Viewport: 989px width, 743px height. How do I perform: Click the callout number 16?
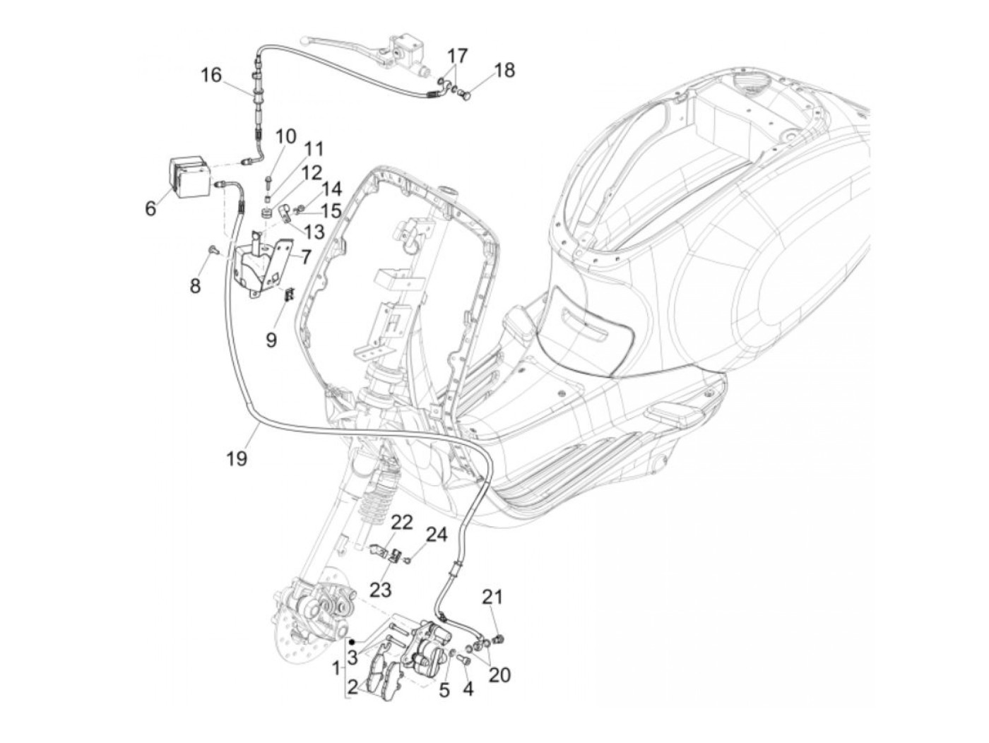click(211, 75)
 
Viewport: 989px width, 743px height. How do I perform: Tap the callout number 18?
click(504, 70)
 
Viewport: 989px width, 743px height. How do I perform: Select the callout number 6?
click(150, 208)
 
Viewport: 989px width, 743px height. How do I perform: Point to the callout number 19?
click(237, 458)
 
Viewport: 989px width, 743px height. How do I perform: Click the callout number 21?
click(492, 597)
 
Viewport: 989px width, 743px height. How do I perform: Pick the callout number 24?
click(436, 535)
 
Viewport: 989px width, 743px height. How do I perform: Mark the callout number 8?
click(195, 285)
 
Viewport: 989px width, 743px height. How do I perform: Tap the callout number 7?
click(305, 257)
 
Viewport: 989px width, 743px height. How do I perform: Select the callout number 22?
click(401, 523)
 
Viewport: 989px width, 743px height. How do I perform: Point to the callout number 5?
click(444, 690)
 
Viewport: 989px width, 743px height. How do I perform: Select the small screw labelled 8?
click(211, 249)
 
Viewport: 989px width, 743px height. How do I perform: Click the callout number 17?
click(457, 54)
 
